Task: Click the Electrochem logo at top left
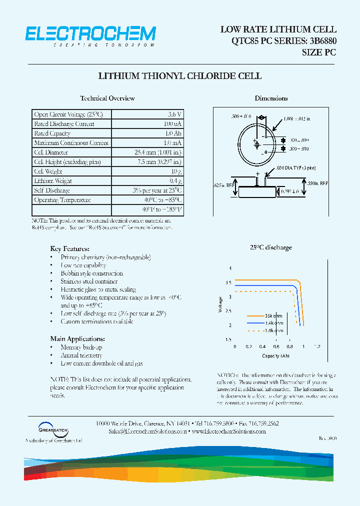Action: click(90, 35)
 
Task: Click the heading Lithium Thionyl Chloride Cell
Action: click(180, 76)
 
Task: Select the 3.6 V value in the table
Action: click(174, 114)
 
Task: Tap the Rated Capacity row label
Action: click(52, 133)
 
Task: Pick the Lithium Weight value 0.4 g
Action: click(175, 181)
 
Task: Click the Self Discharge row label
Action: click(52, 190)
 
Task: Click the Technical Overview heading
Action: click(107, 98)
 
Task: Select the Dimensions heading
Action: click(271, 98)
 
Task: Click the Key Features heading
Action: click(70, 248)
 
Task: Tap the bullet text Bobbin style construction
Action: click(91, 273)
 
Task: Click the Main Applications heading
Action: click(77, 338)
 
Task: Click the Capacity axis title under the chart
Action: click(275, 356)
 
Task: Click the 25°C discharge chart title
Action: click(271, 247)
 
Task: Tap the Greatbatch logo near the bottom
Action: click(53, 428)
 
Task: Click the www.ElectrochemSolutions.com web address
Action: click(228, 431)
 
